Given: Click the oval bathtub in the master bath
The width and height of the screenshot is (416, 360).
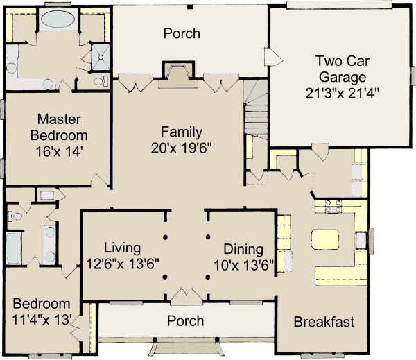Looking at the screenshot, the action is pos(58,19).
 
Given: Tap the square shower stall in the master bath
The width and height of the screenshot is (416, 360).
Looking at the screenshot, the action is pos(101,57).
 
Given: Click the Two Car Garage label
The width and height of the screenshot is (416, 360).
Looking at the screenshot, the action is pos(343,69).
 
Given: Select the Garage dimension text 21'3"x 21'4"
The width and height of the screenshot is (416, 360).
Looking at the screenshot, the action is pos(343,93).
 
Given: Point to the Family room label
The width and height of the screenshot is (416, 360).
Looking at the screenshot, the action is pos(182,132).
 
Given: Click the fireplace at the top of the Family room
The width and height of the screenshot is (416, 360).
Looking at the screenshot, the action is pos(178,75).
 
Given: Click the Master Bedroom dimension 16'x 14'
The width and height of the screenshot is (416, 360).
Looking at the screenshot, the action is pos(60,152).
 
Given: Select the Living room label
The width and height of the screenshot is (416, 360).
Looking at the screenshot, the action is pos(122,248).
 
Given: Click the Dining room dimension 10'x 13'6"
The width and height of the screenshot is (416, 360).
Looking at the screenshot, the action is pos(244,265).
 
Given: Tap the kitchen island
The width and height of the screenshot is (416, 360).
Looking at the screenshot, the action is pos(325,239).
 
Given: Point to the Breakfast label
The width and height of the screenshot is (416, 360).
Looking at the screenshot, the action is pos(324,322).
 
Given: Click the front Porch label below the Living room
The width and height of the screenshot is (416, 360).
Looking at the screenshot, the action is pos(185,320).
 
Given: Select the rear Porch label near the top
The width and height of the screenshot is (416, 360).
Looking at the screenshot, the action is pos(182,33).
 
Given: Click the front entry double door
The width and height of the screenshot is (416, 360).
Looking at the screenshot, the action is pos(187,295).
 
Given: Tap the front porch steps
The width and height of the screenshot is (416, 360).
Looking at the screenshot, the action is pos(187,348).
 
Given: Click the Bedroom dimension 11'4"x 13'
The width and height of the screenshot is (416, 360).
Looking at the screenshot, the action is pos(42,320).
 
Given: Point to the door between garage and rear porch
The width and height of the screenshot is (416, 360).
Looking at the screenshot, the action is pos(273,57).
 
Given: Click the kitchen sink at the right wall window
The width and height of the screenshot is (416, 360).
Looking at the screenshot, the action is pos(361,240).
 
